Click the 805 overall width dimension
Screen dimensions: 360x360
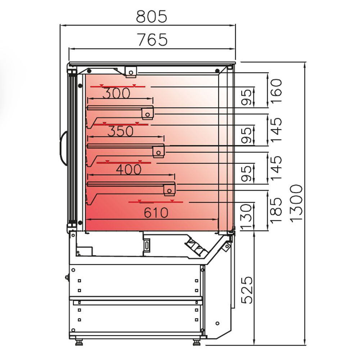click(152, 16)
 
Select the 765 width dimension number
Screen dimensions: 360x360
click(152, 39)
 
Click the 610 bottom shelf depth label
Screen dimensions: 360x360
click(156, 213)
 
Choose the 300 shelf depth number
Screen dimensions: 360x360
click(116, 94)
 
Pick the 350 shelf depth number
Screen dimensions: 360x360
click(120, 131)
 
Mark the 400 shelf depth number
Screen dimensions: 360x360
click(128, 170)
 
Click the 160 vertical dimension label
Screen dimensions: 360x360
click(276, 91)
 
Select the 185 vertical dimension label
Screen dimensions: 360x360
click(276, 210)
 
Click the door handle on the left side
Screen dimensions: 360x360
click(63, 148)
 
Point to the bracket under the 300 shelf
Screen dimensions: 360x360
click(148, 113)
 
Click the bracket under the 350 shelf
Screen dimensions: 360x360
click(158, 151)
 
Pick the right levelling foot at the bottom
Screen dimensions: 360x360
click(197, 342)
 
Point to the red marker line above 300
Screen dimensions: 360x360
click(118, 87)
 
